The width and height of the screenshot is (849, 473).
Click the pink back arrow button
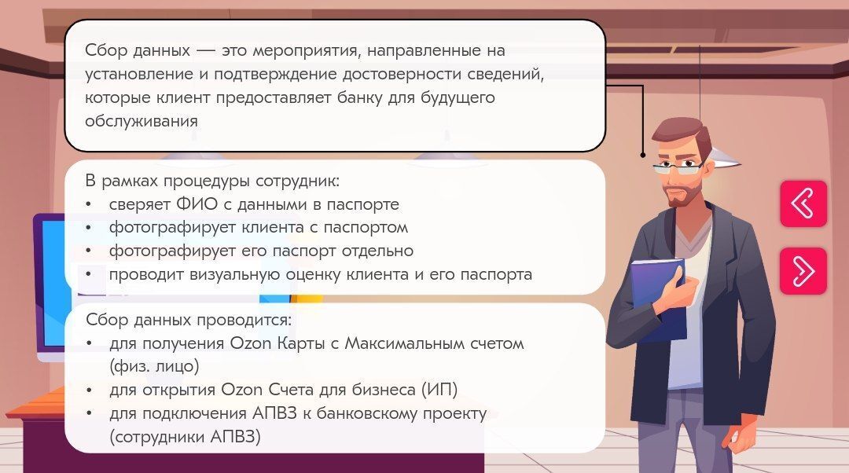[x=803, y=203]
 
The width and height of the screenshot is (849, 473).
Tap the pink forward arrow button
[x=803, y=270]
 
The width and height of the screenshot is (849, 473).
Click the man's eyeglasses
[x=679, y=167]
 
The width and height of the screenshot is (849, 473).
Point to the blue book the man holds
[x=658, y=298]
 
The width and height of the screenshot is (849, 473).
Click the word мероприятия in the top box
[x=307, y=51]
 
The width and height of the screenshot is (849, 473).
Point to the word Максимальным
[x=405, y=343]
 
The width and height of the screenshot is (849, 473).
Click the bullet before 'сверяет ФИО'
[x=89, y=205]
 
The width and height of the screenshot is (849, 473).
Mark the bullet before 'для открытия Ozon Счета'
[x=89, y=390]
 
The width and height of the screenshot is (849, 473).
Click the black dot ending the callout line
[x=643, y=155]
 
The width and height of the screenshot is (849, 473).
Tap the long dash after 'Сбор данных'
[x=206, y=51]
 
